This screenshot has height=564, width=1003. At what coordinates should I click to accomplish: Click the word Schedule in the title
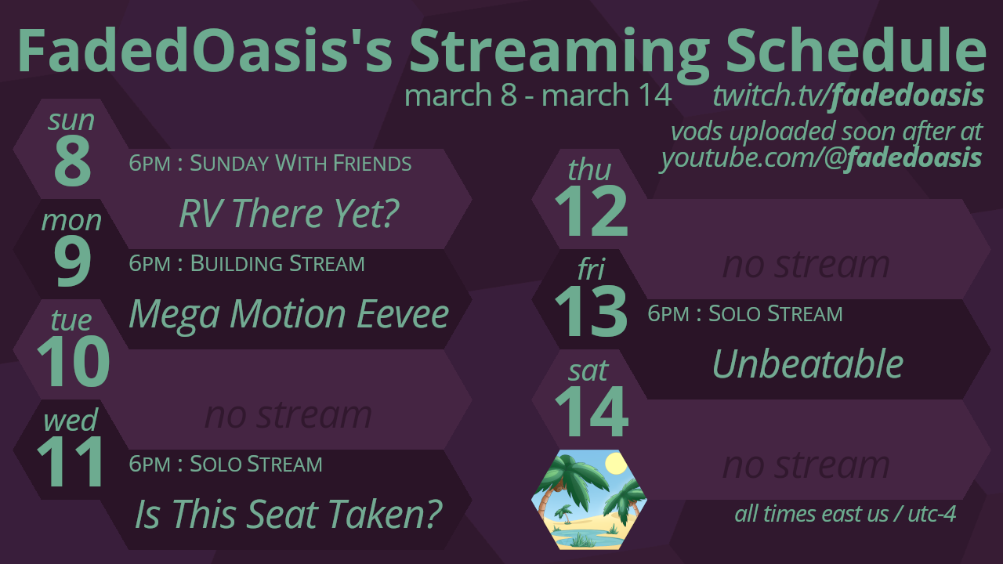(855, 50)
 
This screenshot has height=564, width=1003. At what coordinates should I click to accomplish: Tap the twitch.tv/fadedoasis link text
(848, 96)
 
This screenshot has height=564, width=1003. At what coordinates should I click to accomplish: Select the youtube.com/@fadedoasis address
(821, 158)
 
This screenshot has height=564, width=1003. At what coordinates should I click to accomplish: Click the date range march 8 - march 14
(538, 95)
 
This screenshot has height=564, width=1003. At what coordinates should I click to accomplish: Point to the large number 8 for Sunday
(72, 161)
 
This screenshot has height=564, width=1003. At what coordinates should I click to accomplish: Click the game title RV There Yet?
(289, 213)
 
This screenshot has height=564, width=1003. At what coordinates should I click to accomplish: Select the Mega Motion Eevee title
(289, 314)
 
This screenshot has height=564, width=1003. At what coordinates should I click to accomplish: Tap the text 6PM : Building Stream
(247, 263)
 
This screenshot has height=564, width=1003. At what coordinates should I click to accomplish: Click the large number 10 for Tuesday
(73, 361)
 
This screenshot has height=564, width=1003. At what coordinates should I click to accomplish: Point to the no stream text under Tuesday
(288, 415)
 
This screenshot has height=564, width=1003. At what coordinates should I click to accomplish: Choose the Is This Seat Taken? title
(289, 514)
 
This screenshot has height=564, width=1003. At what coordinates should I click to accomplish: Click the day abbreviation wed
(71, 420)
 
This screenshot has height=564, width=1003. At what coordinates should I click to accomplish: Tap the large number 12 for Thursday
(591, 211)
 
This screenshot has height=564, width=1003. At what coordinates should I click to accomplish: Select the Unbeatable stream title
(808, 363)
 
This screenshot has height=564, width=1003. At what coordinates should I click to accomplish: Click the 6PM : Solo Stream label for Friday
(745, 313)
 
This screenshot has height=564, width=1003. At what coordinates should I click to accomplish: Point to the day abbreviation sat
(588, 371)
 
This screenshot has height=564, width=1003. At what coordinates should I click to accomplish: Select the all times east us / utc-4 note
(845, 514)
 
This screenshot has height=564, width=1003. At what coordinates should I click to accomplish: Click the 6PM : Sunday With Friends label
(270, 163)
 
